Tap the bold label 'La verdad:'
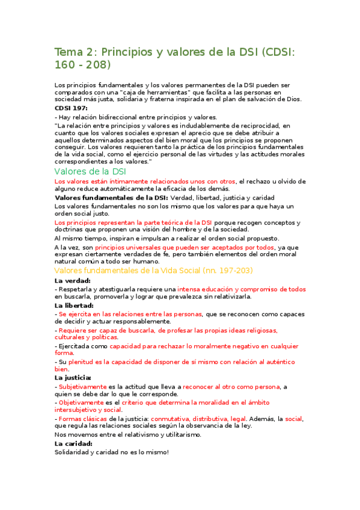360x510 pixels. tap(73, 281)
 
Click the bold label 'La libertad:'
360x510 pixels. tap(74, 306)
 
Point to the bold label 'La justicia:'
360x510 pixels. tap(73, 378)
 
